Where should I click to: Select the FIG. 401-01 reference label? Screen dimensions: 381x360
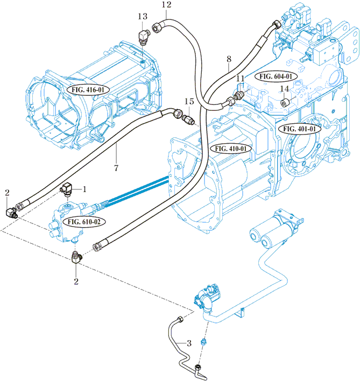(299, 129)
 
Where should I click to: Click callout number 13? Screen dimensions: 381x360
(142, 17)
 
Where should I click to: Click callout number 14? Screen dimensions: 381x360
(285, 89)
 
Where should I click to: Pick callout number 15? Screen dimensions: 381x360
(189, 102)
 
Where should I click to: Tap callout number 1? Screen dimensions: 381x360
(83, 189)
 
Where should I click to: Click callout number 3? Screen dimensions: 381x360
(189, 343)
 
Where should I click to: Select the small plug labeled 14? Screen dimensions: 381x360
(284, 102)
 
